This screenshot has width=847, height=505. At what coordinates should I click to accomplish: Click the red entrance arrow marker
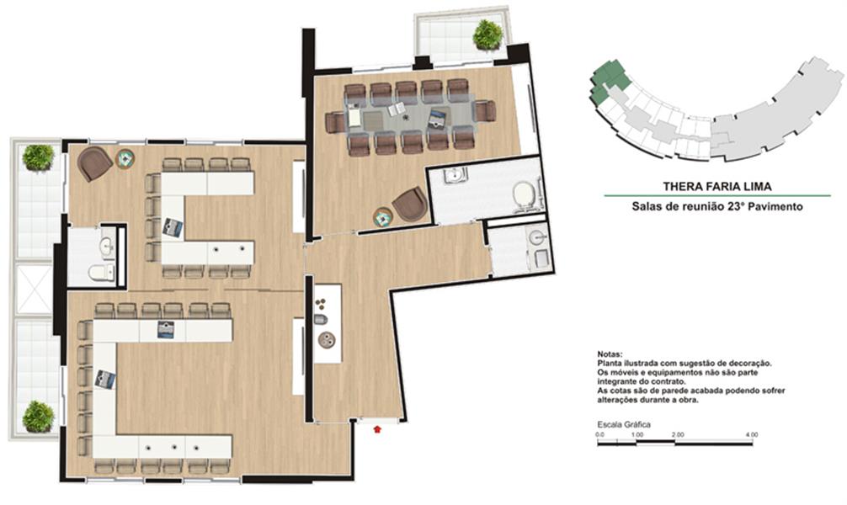(x=377, y=429)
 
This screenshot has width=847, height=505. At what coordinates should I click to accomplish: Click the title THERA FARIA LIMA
(x=717, y=187)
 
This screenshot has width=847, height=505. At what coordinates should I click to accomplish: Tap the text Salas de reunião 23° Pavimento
(x=717, y=206)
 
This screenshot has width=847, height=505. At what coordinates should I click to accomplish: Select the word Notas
(x=610, y=354)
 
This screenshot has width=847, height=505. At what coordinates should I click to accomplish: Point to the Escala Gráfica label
(x=624, y=424)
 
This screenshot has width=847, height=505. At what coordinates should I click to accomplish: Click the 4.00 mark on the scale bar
(x=751, y=434)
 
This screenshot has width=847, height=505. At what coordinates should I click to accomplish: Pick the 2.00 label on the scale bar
(x=678, y=434)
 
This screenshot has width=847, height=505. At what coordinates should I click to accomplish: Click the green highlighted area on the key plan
(x=609, y=81)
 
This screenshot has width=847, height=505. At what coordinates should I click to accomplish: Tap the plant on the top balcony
(x=487, y=35)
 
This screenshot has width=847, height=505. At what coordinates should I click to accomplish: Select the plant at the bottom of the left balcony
(x=39, y=417)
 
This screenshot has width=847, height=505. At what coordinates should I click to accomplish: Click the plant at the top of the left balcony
(x=39, y=157)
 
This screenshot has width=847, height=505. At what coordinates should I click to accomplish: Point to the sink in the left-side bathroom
(x=108, y=247)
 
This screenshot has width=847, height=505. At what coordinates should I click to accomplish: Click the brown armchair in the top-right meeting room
(x=410, y=205)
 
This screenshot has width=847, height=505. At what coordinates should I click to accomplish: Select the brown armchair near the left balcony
(x=94, y=163)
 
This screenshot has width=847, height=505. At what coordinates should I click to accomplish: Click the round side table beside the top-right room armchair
(x=383, y=217)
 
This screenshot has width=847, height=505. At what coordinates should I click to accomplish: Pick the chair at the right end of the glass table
(x=484, y=112)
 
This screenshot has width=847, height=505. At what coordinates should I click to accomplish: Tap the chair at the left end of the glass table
(x=335, y=121)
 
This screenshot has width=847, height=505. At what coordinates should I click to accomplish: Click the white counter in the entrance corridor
(x=328, y=323)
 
